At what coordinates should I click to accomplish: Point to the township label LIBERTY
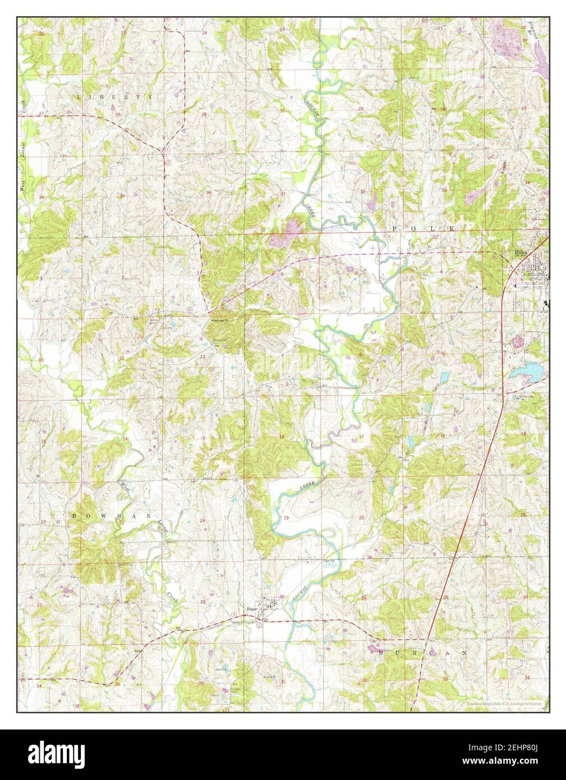[115, 97]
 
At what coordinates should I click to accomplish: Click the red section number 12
[203, 357]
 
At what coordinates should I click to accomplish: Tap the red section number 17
[362, 437]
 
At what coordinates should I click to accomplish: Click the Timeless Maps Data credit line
[505, 704]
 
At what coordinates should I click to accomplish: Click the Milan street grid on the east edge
[536, 272]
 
